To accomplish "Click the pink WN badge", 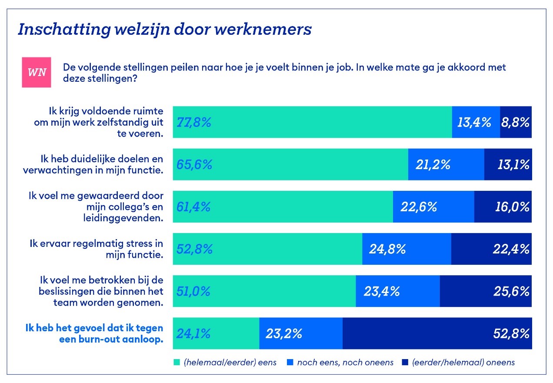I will (x=37, y=72).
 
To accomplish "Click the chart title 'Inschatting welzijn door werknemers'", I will (x=164, y=29).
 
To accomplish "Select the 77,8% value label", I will (x=194, y=123).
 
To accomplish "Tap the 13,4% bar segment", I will (x=476, y=122).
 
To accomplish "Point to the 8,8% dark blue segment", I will (x=516, y=122).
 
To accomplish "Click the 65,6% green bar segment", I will (x=290, y=164).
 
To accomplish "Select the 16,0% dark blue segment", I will (x=503, y=207).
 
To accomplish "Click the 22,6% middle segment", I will (x=433, y=207).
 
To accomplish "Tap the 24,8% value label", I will (x=387, y=249).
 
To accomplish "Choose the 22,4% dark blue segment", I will (x=491, y=249).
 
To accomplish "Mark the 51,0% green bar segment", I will (x=264, y=291).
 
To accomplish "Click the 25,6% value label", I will (x=511, y=291).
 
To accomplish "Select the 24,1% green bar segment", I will (x=216, y=333).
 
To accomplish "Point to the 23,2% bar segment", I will (x=301, y=333).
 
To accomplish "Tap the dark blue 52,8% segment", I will (x=437, y=333).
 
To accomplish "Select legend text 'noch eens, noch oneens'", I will (x=345, y=363).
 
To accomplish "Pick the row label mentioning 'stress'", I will (x=97, y=249).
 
